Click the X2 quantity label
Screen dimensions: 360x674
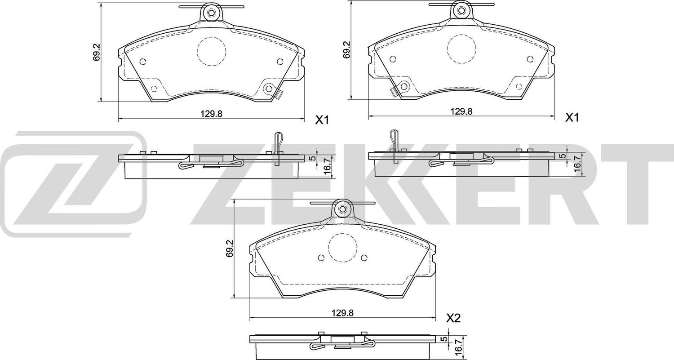454,318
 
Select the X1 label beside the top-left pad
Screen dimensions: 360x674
322,120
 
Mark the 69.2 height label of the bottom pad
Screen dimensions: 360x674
230,249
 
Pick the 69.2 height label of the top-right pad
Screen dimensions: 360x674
346,50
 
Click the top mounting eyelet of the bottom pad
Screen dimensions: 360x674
342,209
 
